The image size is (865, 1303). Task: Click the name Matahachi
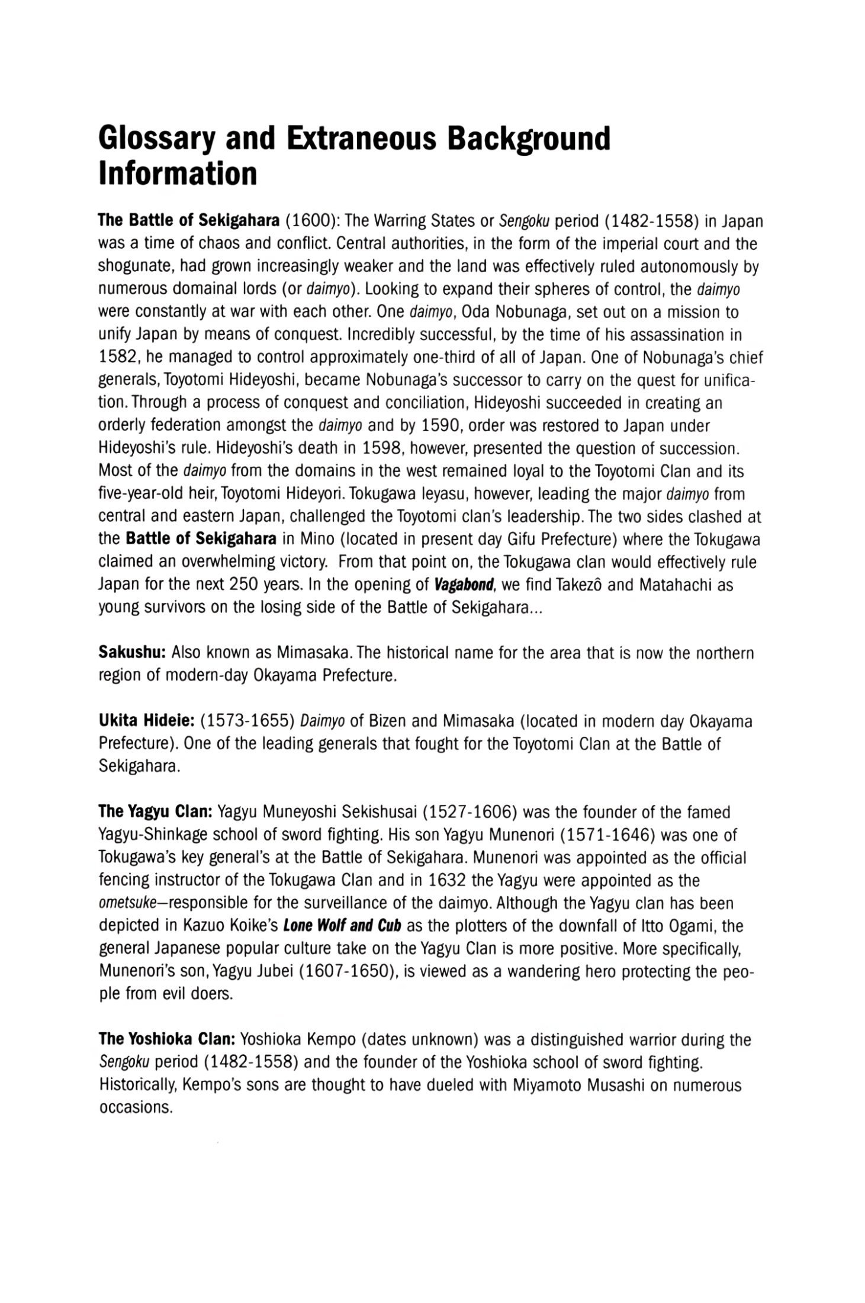pyautogui.click(x=671, y=585)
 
